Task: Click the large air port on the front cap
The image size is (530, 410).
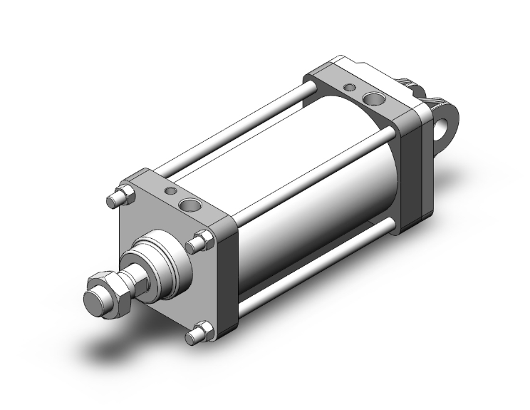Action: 190,207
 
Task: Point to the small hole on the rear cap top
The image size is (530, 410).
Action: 350,87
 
